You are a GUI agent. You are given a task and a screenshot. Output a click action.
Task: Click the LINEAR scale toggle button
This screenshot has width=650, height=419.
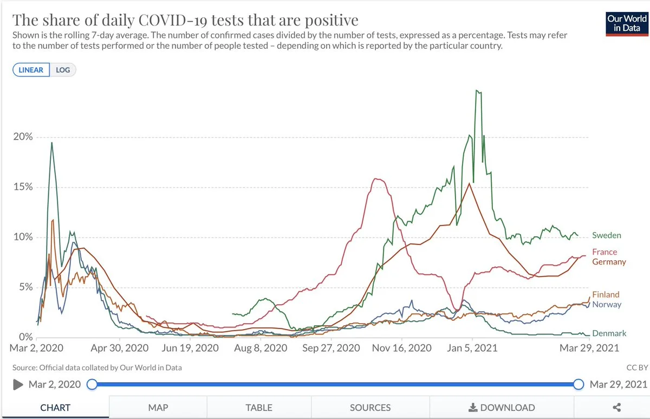(31, 70)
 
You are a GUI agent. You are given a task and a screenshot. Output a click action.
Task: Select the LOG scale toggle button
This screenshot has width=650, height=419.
(63, 70)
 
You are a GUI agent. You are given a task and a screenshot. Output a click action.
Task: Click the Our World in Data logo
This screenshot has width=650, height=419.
(627, 23)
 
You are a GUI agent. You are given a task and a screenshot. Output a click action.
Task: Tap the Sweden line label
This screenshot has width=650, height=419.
(606, 235)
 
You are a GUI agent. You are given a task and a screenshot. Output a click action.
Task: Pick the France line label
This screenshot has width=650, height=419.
(604, 252)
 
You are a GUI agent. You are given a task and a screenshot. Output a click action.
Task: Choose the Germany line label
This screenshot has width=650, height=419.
(609, 262)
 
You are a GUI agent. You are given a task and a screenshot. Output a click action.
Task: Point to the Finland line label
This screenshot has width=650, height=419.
(606, 294)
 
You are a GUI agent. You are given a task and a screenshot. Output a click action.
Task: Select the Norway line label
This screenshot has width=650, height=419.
(607, 304)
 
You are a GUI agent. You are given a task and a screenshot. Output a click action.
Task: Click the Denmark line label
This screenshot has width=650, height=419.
(609, 333)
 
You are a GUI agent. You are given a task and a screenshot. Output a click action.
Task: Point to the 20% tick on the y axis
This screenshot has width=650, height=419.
(23, 137)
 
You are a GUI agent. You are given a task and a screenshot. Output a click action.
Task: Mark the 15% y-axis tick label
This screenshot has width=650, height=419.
(23, 187)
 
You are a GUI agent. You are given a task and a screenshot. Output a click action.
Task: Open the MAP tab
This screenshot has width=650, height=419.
(158, 408)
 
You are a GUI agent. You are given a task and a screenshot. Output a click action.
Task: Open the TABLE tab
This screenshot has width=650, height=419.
(259, 408)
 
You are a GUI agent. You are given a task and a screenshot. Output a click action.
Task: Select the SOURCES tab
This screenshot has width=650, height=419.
(370, 408)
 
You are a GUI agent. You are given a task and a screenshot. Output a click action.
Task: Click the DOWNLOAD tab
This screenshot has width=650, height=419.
(502, 408)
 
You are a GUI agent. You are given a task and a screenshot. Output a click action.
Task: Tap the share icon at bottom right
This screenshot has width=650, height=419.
(616, 408)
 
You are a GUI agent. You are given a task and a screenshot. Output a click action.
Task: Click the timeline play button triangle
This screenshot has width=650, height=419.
(18, 384)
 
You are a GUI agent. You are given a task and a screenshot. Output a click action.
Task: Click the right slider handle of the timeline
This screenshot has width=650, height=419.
(578, 384)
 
